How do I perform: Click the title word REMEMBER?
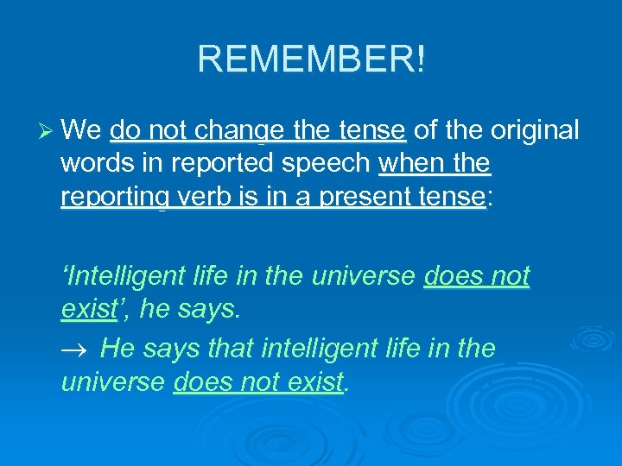pos(311,60)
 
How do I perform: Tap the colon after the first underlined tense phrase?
pos(490,198)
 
